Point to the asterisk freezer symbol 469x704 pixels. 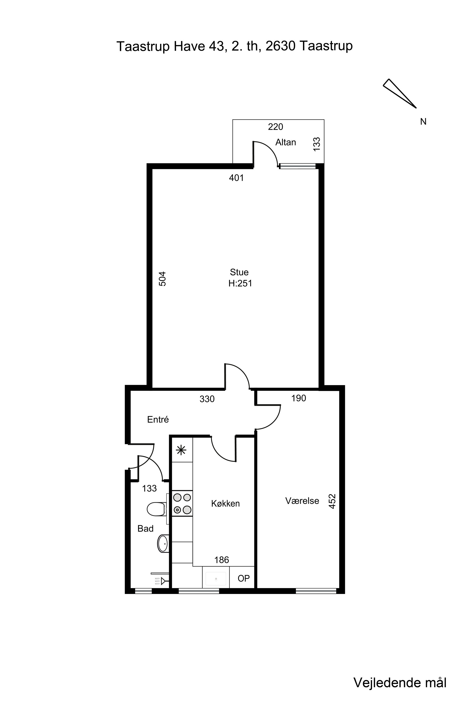click(181, 450)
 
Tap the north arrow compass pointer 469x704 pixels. click(400, 93)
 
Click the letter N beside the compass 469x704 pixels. click(423, 122)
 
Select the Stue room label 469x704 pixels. click(239, 272)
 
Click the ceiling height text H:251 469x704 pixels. click(240, 283)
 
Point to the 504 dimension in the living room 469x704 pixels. click(162, 279)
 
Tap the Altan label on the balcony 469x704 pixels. click(286, 142)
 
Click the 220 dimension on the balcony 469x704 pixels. click(276, 127)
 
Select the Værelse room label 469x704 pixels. click(302, 501)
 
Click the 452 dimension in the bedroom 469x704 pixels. click(332, 501)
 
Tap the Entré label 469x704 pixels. click(158, 419)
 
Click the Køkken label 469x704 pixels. click(226, 503)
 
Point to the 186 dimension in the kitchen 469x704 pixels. click(222, 560)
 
